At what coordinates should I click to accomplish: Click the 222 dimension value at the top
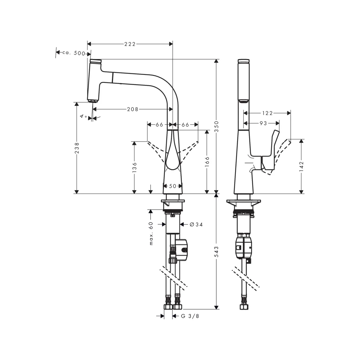coord(130,44)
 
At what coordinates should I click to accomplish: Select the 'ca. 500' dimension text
coord(74,53)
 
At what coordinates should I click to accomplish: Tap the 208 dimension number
coord(133,109)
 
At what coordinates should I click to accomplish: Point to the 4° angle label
coord(84,116)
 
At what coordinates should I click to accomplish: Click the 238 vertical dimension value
coord(77,148)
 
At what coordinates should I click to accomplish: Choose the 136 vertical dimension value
coord(135,167)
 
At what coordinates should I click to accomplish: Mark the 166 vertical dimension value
coord(207,162)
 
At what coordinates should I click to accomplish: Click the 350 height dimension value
coord(216,126)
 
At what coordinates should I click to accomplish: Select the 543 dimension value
coord(216,252)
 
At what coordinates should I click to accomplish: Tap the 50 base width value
coord(173,186)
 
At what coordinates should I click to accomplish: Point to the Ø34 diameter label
coord(196,224)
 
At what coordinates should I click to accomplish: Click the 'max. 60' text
coord(151,233)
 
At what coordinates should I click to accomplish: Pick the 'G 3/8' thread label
coord(190,316)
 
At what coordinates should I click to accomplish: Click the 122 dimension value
coord(267,113)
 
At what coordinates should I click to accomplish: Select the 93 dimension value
coord(264,123)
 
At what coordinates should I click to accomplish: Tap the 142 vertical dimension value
coord(301,166)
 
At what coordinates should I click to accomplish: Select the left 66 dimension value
coord(159,125)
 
